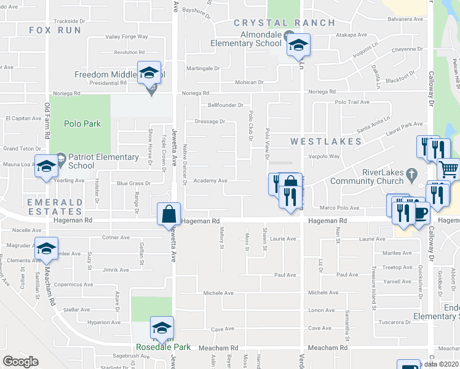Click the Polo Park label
[83, 124]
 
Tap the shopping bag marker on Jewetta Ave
[169, 215]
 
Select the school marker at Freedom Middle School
[149, 73]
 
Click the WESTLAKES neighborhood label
[326, 141]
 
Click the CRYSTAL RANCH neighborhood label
[285, 23]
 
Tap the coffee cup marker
[420, 213]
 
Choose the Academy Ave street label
[210, 181]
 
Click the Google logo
[20, 362]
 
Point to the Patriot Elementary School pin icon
[60, 157]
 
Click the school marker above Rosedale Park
[162, 328]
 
